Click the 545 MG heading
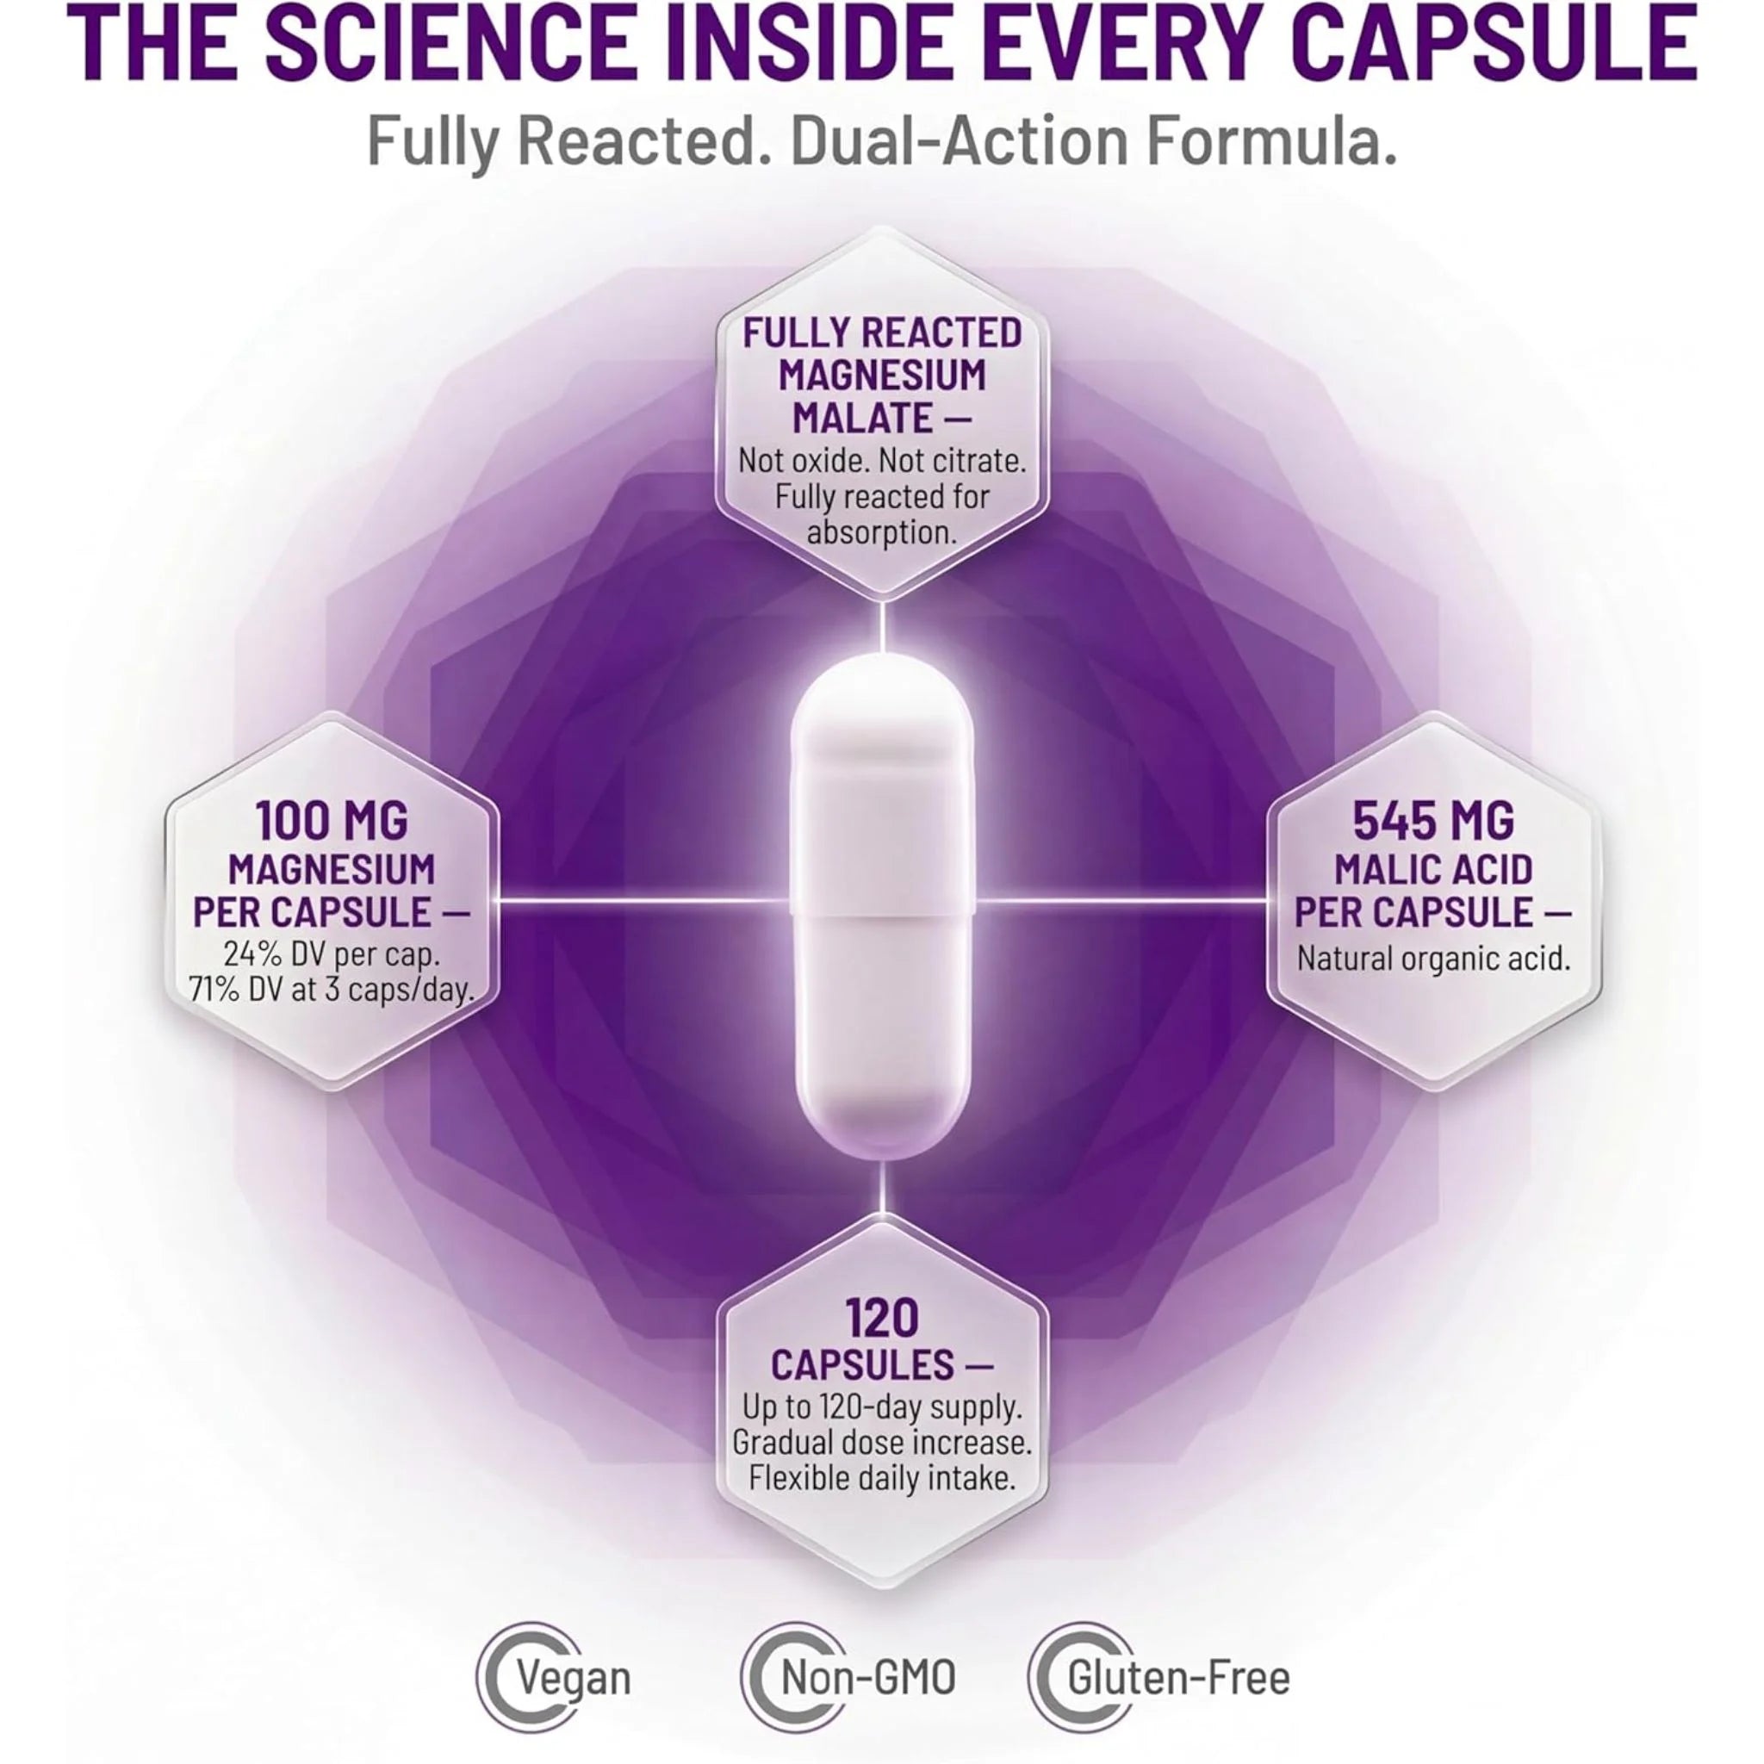[x=1432, y=823]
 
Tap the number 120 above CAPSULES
[x=881, y=1319]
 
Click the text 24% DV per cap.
[x=332, y=955]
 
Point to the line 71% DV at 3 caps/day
[x=332, y=990]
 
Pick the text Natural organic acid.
[x=1433, y=960]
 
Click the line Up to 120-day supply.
[x=881, y=1408]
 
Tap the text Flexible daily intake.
[x=882, y=1478]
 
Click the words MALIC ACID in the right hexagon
[x=1433, y=870]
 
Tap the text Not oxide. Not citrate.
[x=882, y=461]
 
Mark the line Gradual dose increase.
[x=882, y=1443]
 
